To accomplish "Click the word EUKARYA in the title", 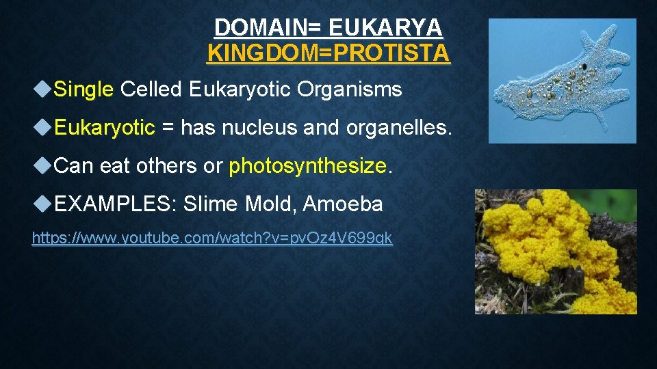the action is click(x=385, y=27).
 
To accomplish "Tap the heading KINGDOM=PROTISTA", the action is click(x=328, y=53).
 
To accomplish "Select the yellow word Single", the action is click(x=83, y=89).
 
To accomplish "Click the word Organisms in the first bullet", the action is click(x=350, y=89).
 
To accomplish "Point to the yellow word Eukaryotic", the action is click(x=104, y=127).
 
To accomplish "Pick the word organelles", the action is click(x=399, y=128).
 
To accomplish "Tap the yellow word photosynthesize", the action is click(x=307, y=165).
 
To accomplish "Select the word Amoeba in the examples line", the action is click(x=343, y=204).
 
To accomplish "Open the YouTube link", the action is click(x=212, y=238).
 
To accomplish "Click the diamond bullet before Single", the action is click(x=42, y=89).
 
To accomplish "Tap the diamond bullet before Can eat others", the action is click(x=42, y=165).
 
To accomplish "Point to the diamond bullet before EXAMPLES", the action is click(x=42, y=204).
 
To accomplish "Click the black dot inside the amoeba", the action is click(x=584, y=66).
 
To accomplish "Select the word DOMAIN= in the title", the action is click(x=268, y=27).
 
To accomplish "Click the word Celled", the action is click(x=151, y=89).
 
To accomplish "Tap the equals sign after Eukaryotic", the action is click(x=168, y=127).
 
